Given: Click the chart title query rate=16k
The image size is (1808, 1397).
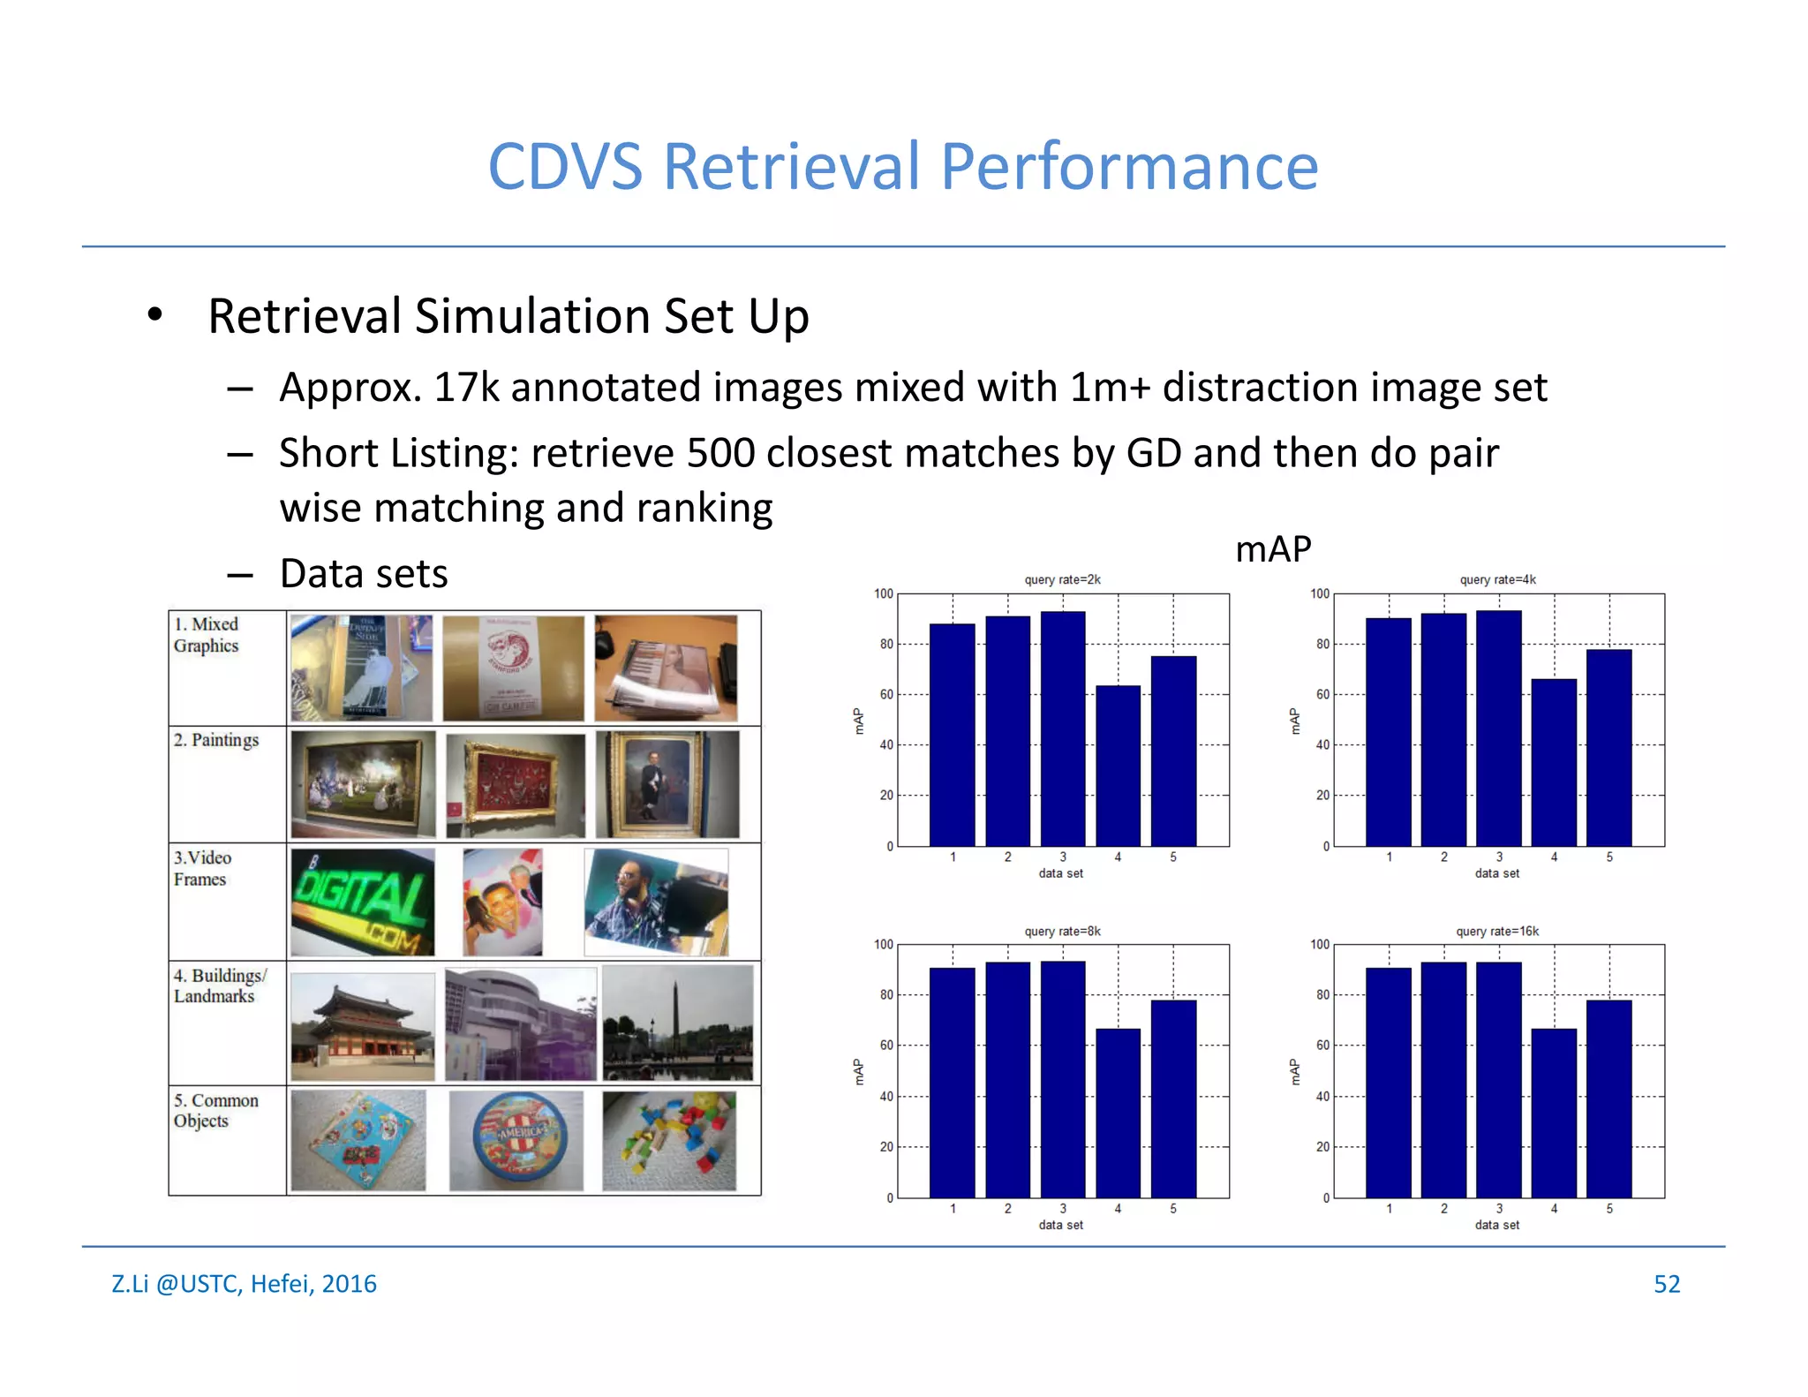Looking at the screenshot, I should coord(1497,931).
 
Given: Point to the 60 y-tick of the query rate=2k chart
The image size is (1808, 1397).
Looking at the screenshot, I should coord(886,694).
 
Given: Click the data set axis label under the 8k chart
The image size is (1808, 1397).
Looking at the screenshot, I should coord(1060,1225).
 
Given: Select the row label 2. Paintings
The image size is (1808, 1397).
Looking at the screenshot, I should coord(216,740).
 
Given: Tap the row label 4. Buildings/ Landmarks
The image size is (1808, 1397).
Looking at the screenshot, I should coord(219,985).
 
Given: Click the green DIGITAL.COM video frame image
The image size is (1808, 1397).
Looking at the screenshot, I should coord(362,902).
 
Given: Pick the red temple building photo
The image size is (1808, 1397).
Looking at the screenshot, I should coord(362,1026).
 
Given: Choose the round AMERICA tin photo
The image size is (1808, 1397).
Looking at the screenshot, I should coord(516,1140).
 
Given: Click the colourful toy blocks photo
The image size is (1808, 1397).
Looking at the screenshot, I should coord(669,1140).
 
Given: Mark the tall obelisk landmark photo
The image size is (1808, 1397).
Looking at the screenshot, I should coord(677,1023).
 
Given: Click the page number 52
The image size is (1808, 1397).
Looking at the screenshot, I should coord(1666,1283).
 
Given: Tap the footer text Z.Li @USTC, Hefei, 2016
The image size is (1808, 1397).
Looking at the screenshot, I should coord(244,1283).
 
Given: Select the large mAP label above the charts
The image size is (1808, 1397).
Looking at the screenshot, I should coord(1272,549).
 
